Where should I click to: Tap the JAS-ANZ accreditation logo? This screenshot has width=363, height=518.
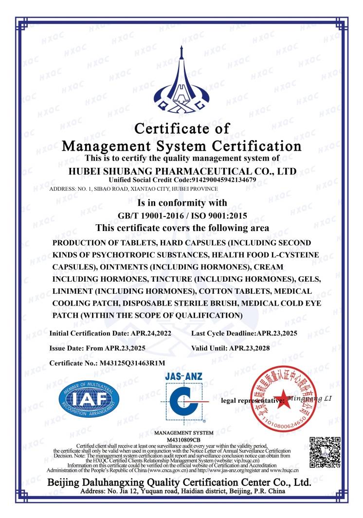tap(184, 397)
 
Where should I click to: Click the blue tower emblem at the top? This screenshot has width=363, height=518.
tap(181, 80)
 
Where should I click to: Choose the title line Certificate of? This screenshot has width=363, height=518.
tap(181, 129)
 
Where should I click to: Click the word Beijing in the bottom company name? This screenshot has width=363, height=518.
tap(68, 482)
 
